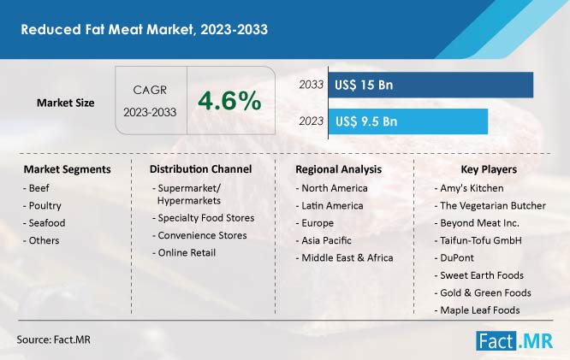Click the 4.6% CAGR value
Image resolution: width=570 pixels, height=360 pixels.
click(229, 101)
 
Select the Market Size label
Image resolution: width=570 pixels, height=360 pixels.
click(65, 103)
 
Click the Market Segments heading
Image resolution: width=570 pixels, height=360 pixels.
click(67, 169)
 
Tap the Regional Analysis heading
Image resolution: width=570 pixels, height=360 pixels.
click(338, 169)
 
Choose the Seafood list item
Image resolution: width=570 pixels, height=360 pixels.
click(46, 223)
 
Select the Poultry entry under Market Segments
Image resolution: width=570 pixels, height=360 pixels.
click(44, 206)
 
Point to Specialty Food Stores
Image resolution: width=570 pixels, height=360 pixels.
click(205, 218)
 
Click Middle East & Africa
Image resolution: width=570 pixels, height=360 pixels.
click(346, 258)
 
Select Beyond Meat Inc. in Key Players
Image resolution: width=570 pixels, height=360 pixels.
click(478, 223)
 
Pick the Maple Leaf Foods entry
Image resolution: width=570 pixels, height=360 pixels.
click(482, 310)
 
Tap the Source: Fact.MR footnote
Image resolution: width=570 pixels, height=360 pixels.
click(53, 340)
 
